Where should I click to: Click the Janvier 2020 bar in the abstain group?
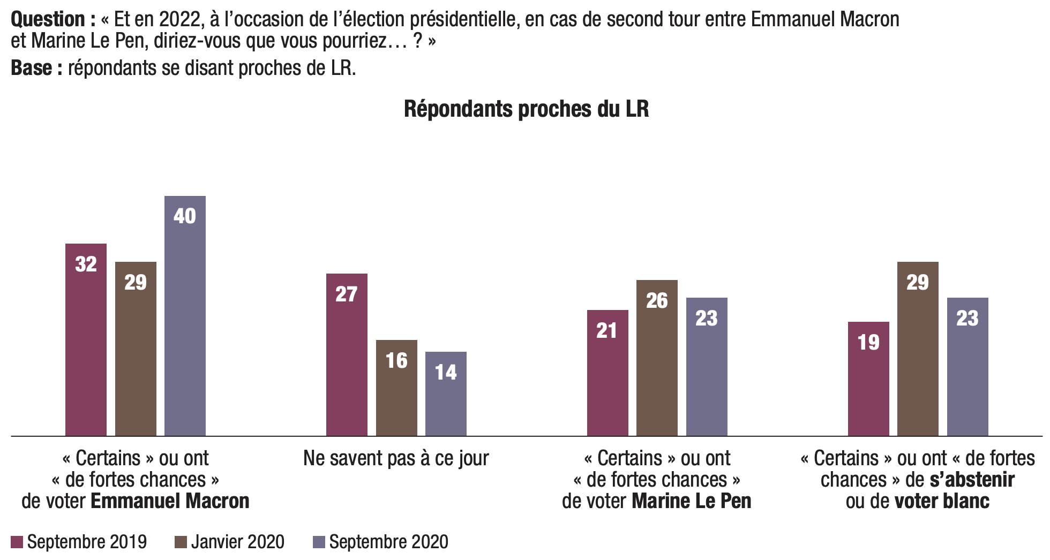pyautogui.click(x=918, y=349)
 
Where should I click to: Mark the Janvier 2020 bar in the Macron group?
pyautogui.click(x=136, y=349)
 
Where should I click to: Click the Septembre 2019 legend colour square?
pyautogui.click(x=17, y=542)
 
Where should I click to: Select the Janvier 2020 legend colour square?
pyautogui.click(x=181, y=542)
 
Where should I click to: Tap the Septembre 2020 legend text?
pyautogui.click(x=388, y=542)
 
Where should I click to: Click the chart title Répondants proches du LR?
pyautogui.click(x=526, y=109)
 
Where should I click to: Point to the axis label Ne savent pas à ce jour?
pyautogui.click(x=396, y=458)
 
